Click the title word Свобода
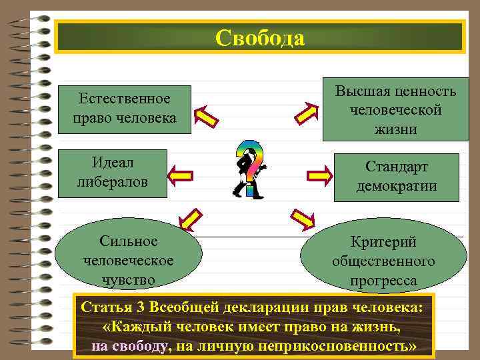click(260, 38)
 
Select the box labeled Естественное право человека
click(125, 108)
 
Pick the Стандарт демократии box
click(397, 177)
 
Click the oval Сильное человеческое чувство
click(127, 260)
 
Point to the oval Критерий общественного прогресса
click(383, 262)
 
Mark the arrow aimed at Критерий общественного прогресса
click(303, 218)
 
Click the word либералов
click(111, 181)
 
